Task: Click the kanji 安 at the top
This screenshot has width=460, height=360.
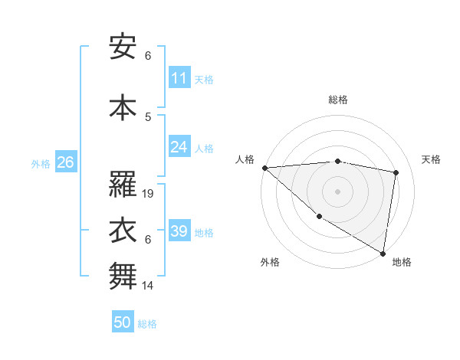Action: tap(123, 47)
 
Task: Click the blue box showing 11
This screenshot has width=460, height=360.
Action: tap(179, 78)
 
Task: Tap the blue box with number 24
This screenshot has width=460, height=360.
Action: tap(179, 147)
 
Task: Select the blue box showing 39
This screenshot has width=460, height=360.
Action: tap(179, 231)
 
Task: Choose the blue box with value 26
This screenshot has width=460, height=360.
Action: tap(65, 162)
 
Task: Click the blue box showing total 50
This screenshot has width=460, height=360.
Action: tap(123, 322)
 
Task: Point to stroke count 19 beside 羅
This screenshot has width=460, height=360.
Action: tap(149, 194)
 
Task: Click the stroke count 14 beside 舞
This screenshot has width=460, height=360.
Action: tap(148, 286)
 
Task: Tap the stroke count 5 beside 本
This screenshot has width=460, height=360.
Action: tap(148, 116)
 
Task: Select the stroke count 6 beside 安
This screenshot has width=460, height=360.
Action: tap(148, 56)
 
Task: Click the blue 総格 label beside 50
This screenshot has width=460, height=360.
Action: tap(148, 324)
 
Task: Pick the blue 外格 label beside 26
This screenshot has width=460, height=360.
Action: tap(41, 163)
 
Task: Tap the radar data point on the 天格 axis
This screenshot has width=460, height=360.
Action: tap(396, 172)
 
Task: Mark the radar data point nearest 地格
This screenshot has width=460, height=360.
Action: tap(383, 253)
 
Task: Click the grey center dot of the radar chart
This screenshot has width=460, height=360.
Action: tap(337, 191)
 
